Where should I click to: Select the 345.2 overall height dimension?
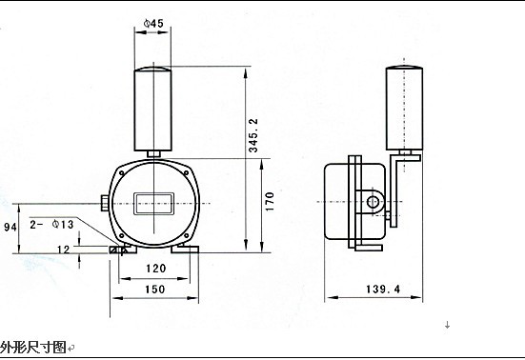pos(252,136)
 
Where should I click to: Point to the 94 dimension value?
pos(10,228)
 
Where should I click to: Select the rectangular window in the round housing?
pos(152,202)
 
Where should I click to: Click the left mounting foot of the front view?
pos(121,250)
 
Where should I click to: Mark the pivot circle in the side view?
pos(375,202)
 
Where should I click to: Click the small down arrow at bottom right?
pos(447,326)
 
